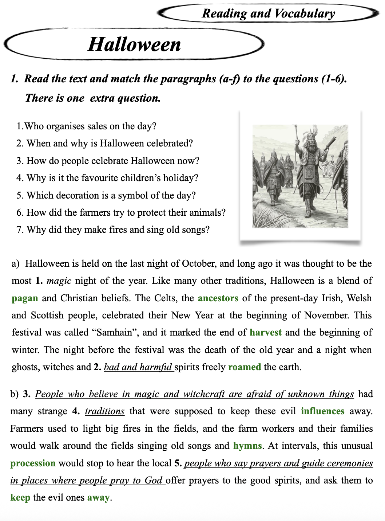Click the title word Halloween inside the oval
134,44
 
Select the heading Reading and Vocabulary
268,13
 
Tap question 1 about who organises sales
87,126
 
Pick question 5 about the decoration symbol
106,195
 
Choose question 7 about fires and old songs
113,230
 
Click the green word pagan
25,298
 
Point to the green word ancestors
218,298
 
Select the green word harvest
266,332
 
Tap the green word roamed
245,367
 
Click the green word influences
322,411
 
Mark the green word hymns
247,446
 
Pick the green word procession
33,463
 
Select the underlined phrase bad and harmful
138,367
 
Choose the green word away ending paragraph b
98,497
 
